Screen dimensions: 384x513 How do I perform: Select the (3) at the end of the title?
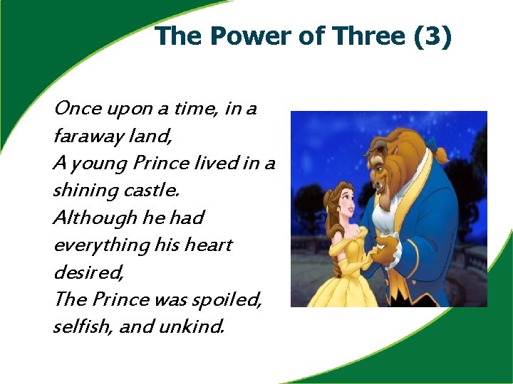pos(432,36)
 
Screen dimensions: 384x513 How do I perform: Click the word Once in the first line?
pos(78,109)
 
